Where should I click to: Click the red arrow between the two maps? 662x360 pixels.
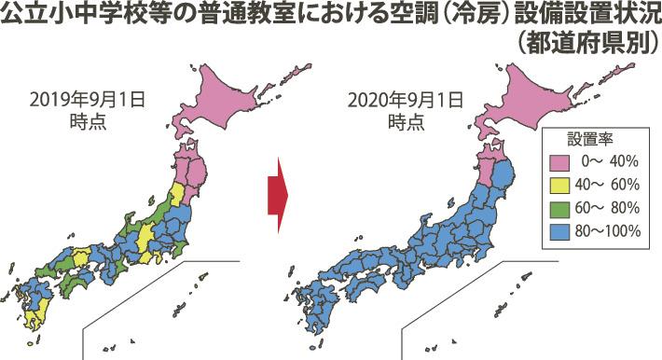click(277, 191)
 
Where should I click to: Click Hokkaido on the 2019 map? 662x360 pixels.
click(228, 93)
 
